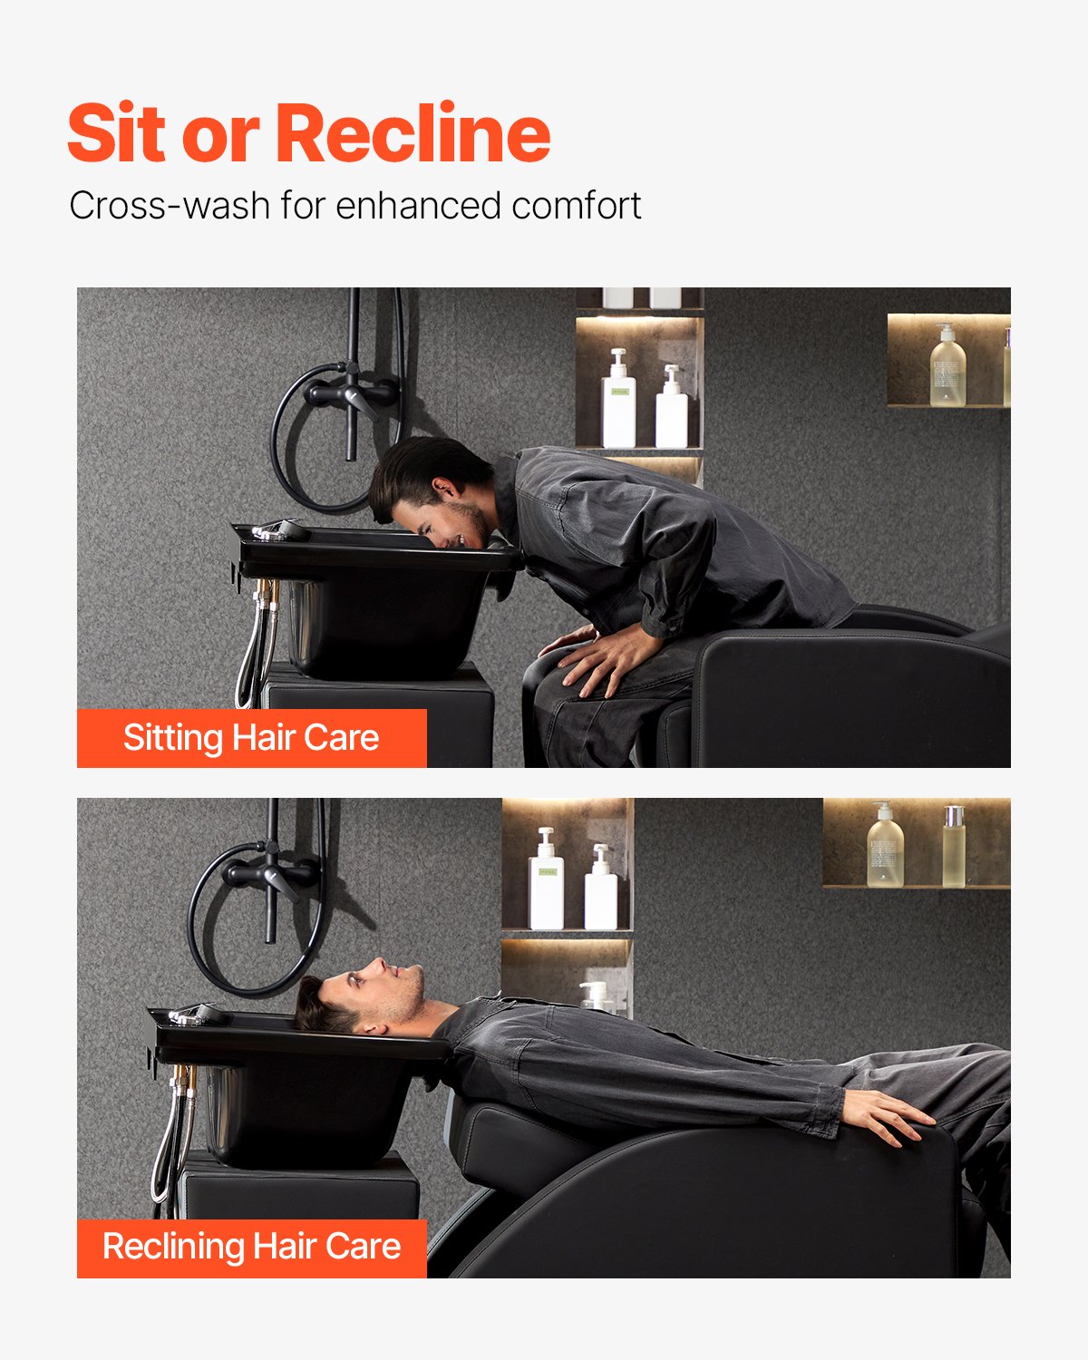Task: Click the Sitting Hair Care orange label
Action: (x=251, y=738)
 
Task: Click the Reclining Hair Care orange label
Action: (x=251, y=1248)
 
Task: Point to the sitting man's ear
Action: (x=446, y=491)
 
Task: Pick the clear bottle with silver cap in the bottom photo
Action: (x=954, y=847)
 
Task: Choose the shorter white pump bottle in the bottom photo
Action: (x=600, y=888)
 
